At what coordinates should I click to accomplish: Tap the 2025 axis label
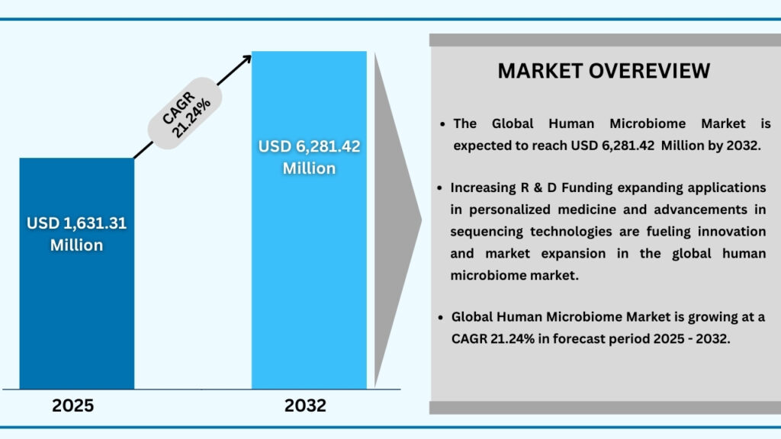click(x=73, y=405)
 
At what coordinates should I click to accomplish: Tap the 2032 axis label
click(x=306, y=405)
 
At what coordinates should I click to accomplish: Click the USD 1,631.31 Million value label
click(x=76, y=234)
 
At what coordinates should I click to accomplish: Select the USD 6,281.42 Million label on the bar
click(x=309, y=157)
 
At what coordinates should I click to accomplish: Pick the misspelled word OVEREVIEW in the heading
click(x=655, y=71)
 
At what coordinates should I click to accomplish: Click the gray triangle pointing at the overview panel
click(x=397, y=221)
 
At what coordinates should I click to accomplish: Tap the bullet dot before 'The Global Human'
click(x=444, y=123)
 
